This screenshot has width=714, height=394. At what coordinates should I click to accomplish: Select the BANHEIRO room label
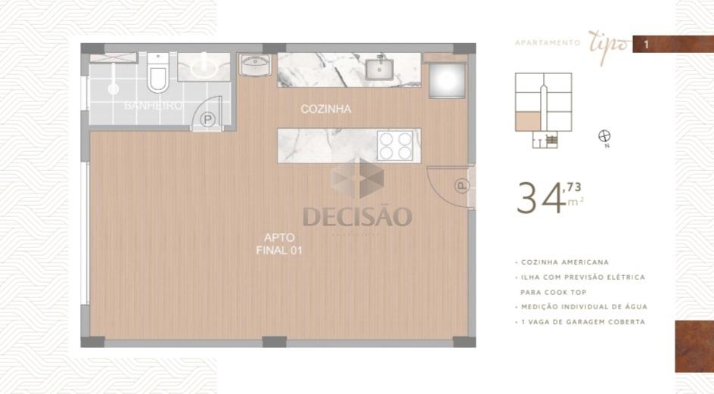154,106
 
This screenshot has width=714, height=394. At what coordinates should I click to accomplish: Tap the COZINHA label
326,109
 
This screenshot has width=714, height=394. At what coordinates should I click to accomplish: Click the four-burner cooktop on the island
395,145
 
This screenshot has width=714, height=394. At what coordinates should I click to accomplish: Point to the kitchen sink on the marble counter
377,70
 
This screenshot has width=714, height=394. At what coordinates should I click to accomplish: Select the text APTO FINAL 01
279,244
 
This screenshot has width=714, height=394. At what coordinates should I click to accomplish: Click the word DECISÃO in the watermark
357,217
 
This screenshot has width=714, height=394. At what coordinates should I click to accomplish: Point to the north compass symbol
604,136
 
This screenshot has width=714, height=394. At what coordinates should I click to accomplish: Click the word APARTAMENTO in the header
547,43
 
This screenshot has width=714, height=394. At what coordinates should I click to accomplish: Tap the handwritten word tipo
607,42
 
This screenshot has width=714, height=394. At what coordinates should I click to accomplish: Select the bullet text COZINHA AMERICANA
563,262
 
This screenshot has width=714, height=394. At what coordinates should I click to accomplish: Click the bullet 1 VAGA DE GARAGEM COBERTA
582,321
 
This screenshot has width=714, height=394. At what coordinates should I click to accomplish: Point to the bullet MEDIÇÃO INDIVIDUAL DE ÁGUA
583,306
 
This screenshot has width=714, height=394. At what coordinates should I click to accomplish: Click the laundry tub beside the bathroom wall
255,64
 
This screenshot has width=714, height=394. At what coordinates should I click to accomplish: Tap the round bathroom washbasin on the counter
203,68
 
